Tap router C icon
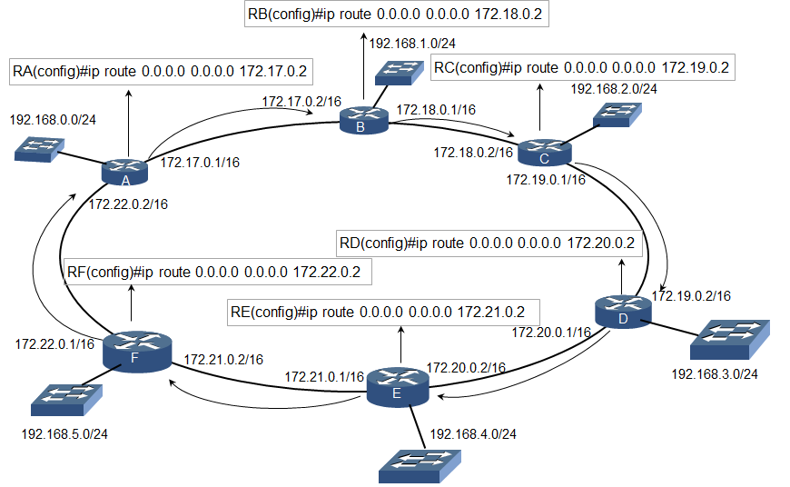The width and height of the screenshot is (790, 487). [543, 152]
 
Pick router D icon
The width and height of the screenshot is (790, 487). [622, 312]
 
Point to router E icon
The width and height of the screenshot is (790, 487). [396, 386]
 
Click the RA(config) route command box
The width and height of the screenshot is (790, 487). [160, 70]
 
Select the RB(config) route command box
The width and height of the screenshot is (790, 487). [398, 15]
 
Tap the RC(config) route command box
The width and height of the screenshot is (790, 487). [581, 67]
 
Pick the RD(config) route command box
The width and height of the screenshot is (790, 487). [486, 243]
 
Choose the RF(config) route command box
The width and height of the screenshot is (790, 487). [218, 271]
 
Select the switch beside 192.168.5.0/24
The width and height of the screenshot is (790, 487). [64, 396]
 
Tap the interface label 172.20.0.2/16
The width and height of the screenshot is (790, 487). [465, 367]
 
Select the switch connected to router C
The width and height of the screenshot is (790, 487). [617, 114]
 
